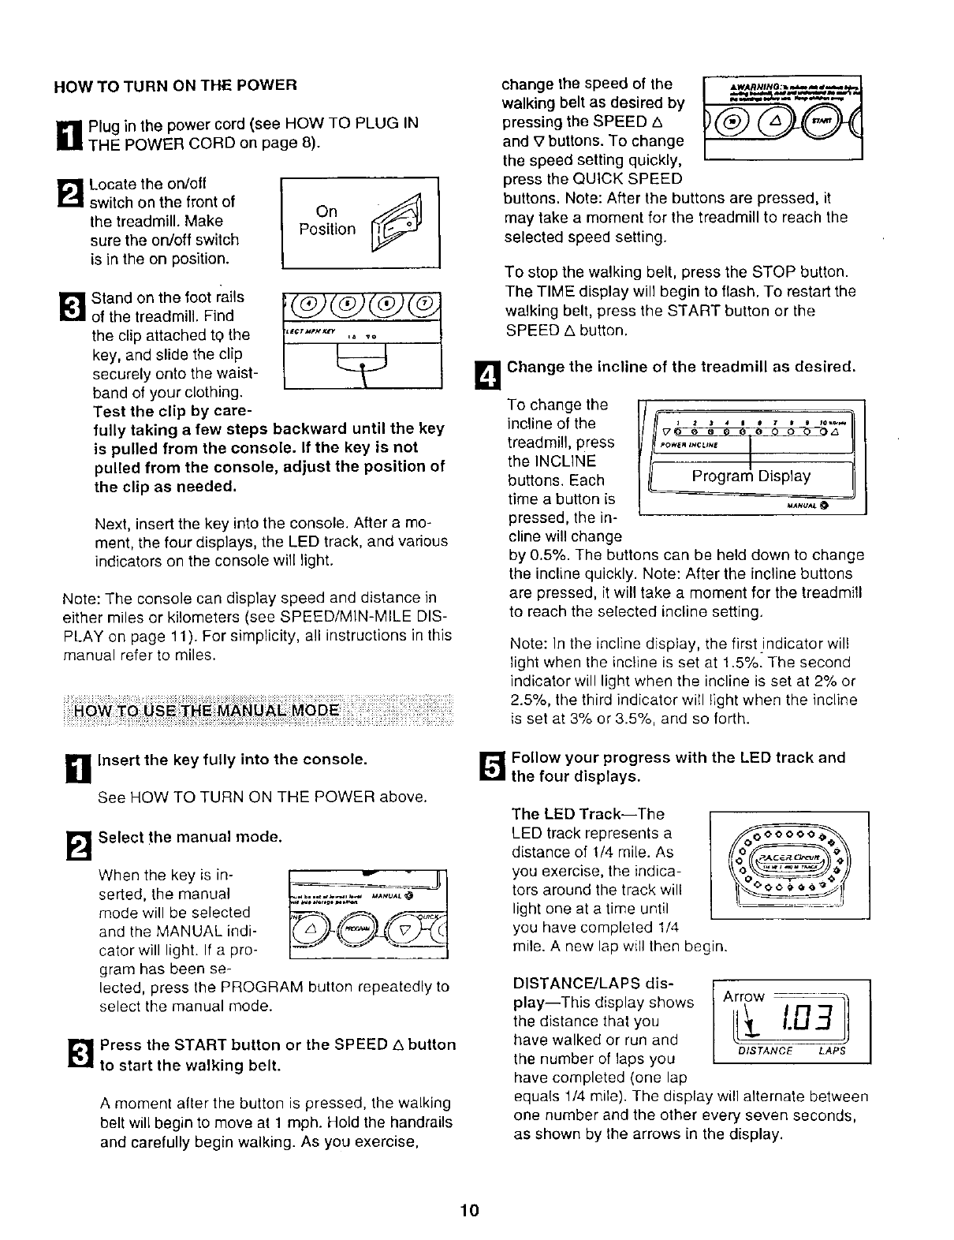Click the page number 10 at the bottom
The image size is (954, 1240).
(471, 1211)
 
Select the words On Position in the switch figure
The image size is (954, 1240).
(326, 221)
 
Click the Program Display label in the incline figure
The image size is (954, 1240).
(751, 476)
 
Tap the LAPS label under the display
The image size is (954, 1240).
(831, 1051)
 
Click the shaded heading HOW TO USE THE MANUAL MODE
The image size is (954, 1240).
(207, 709)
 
